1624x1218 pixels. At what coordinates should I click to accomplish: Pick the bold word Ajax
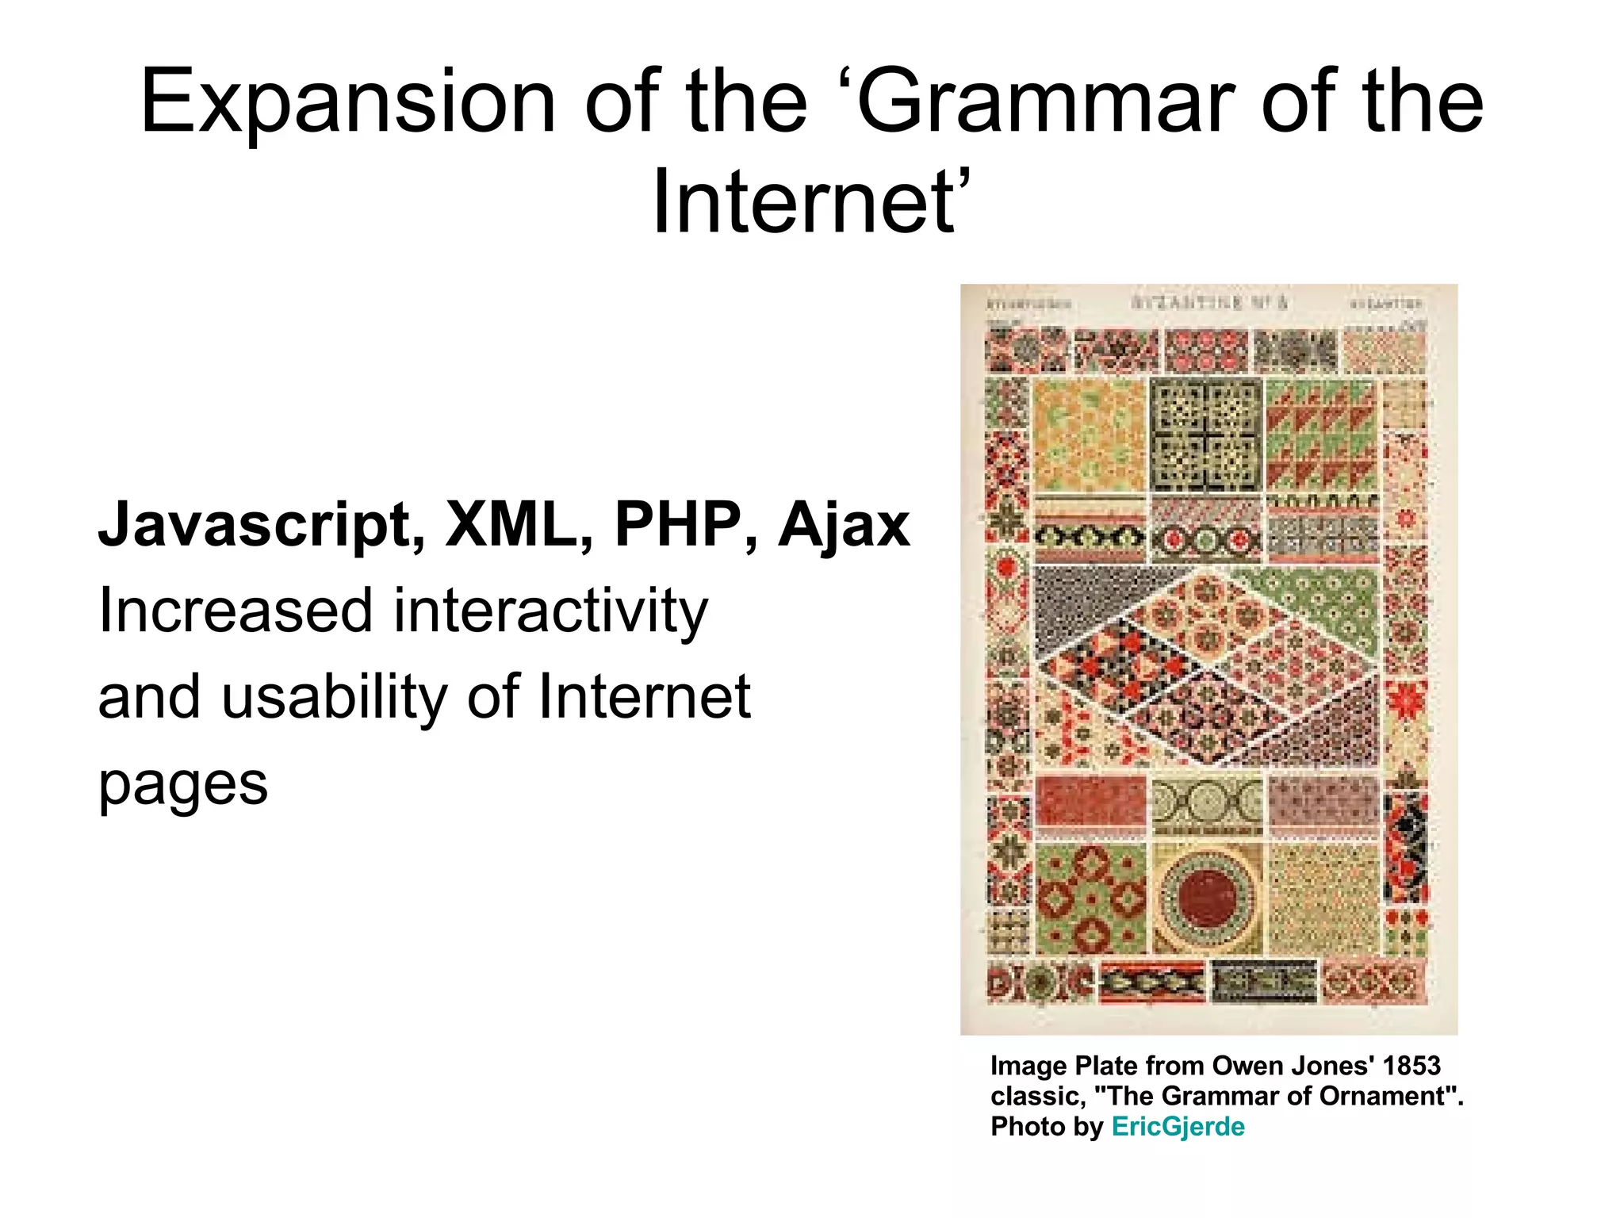point(844,525)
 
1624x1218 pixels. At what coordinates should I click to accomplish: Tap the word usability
point(334,696)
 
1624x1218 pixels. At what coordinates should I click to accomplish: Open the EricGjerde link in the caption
point(1178,1126)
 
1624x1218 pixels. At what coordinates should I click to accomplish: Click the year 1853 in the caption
point(1411,1066)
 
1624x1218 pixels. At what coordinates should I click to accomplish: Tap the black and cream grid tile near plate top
point(1206,435)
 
